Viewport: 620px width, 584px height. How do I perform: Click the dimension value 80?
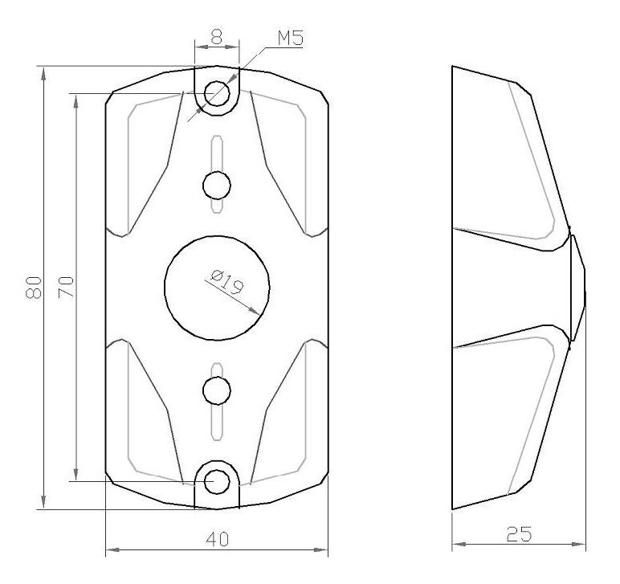click(x=34, y=288)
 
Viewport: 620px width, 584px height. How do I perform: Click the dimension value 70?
click(x=66, y=288)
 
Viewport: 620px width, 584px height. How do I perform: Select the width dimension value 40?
click(x=217, y=539)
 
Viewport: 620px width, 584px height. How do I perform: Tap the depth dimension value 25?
click(x=519, y=534)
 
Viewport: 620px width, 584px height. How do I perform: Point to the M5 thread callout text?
click(x=290, y=39)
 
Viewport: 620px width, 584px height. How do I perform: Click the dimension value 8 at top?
click(x=217, y=37)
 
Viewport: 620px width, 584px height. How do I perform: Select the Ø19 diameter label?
click(x=226, y=282)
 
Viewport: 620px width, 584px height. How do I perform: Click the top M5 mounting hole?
click(x=217, y=93)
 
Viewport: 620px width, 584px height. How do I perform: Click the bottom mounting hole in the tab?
click(x=217, y=482)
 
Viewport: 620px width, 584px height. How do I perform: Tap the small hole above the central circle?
click(x=216, y=185)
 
